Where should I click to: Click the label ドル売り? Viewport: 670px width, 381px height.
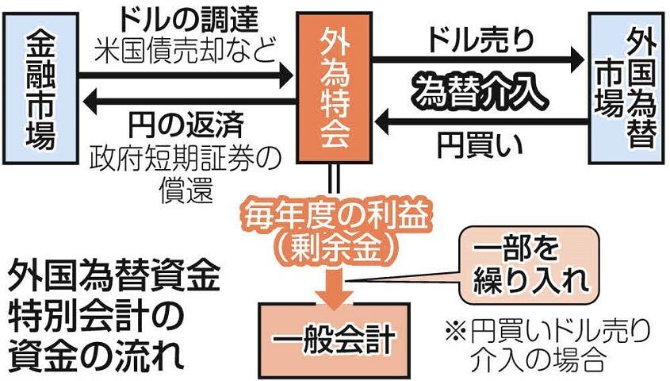pyautogui.click(x=479, y=36)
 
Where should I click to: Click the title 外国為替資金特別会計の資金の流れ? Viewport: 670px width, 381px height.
pyautogui.click(x=111, y=314)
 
